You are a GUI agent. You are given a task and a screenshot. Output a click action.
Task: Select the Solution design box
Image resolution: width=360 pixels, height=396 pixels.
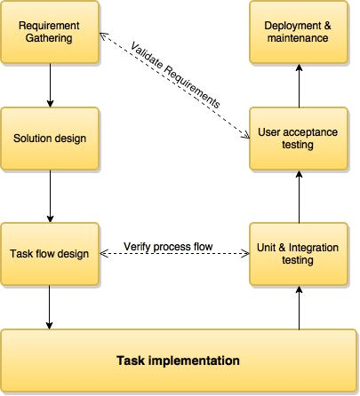click(x=49, y=140)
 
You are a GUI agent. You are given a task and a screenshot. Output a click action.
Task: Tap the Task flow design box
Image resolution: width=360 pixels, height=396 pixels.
click(x=49, y=254)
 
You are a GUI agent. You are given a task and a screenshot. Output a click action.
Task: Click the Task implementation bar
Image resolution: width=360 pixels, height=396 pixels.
click(x=178, y=361)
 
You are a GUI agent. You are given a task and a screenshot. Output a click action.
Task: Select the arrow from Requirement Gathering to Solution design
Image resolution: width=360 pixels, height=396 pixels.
click(x=49, y=86)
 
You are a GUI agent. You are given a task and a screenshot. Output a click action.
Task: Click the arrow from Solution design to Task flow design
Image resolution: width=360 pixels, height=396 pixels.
click(x=49, y=197)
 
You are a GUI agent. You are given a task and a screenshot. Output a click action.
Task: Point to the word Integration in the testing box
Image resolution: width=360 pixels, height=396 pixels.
click(x=303, y=248)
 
